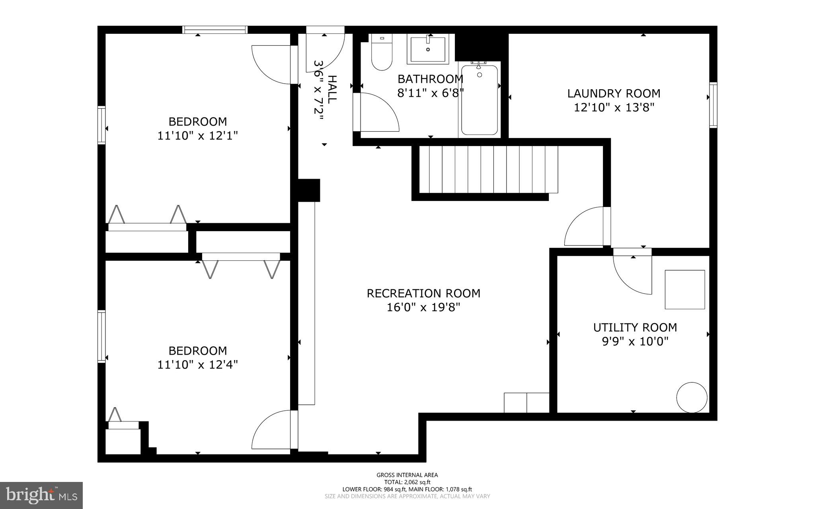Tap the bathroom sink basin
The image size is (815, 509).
pos(428,49)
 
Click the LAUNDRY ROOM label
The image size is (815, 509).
pos(614,94)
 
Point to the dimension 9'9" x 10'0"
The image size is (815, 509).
pos(635,341)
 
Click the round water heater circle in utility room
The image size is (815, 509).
pos(692,397)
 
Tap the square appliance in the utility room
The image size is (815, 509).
pos(684,289)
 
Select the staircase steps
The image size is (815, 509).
pos(487,169)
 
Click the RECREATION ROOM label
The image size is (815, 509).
pos(423,293)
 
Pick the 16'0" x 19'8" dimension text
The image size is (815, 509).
pos(423,307)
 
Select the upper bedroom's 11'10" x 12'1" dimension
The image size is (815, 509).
pos(197,136)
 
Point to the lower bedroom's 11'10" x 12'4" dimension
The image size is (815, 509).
pos(197,365)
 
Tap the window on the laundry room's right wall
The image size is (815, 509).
pos(713,105)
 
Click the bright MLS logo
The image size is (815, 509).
pos(41,495)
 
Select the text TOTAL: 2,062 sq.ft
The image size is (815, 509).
pos(407,482)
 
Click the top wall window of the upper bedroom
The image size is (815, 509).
pos(215,30)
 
